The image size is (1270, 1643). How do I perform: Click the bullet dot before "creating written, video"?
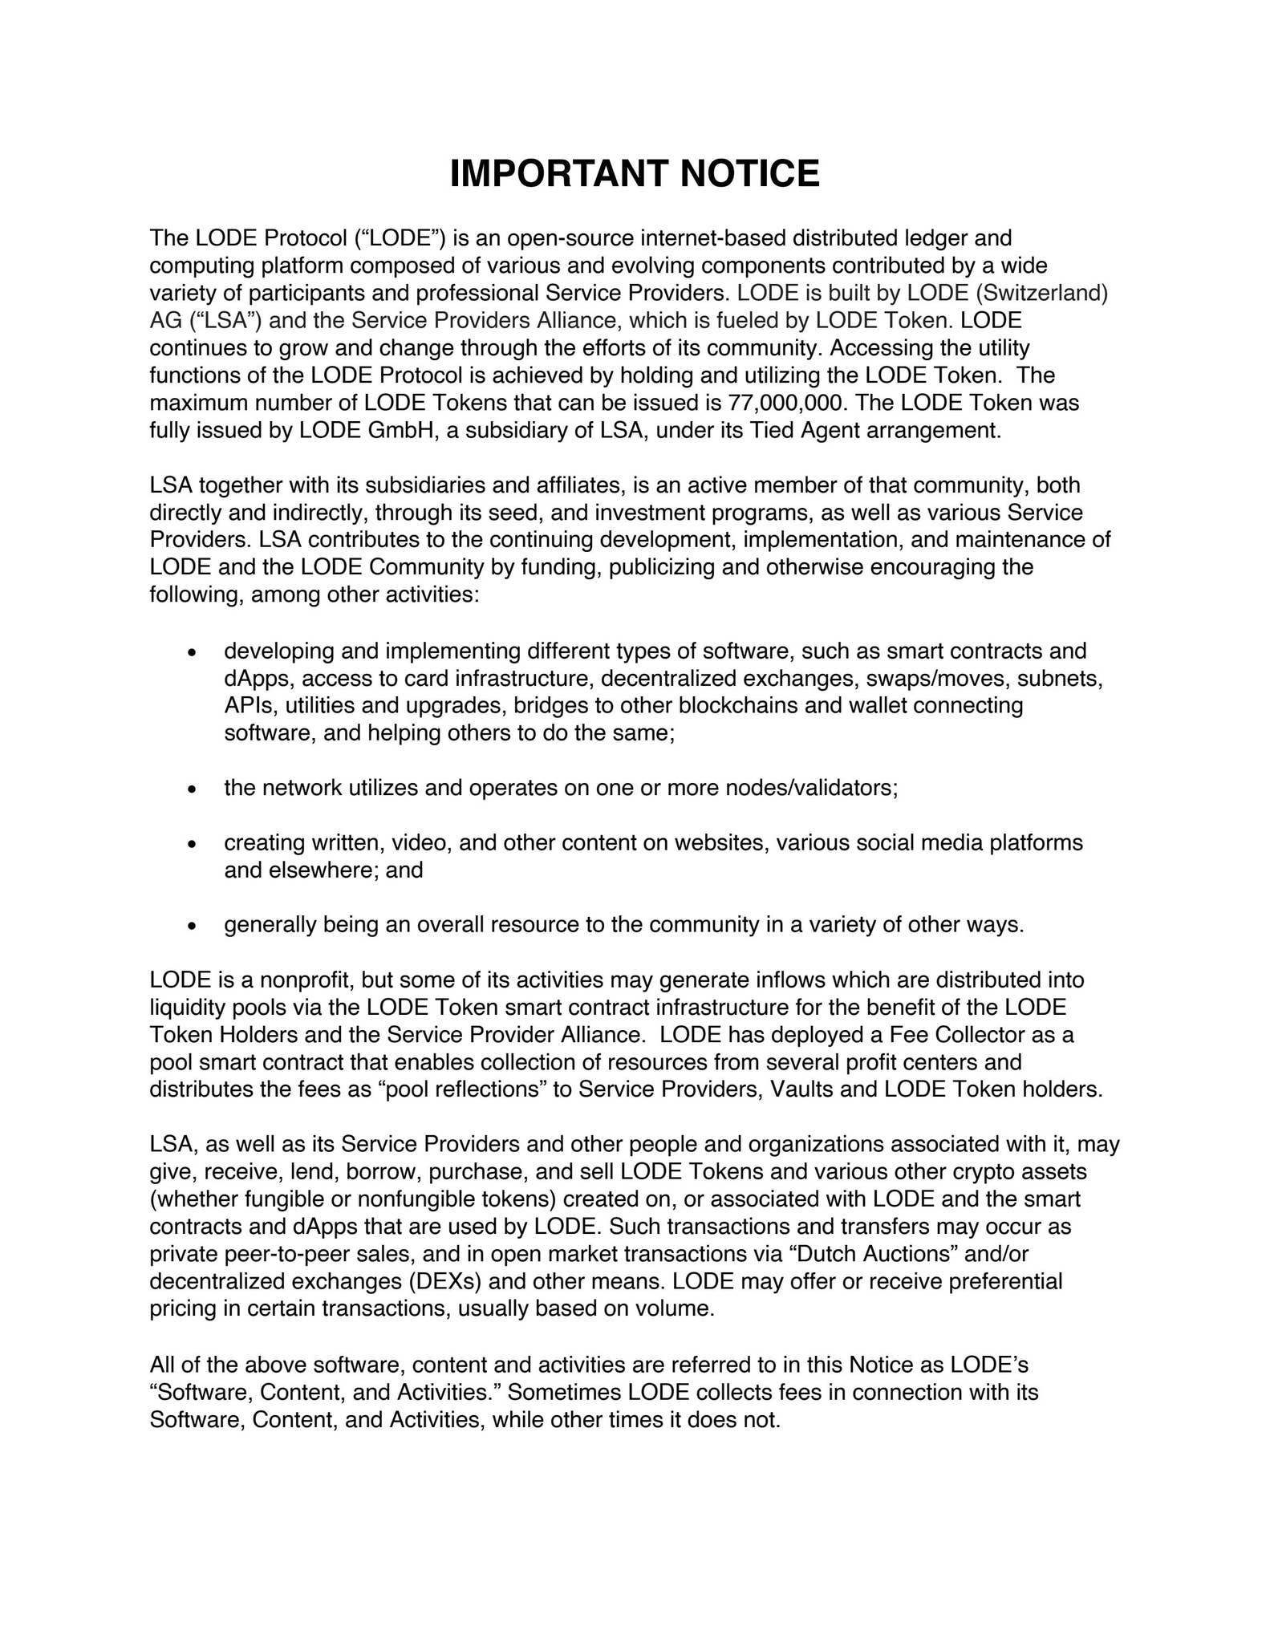[192, 845]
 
